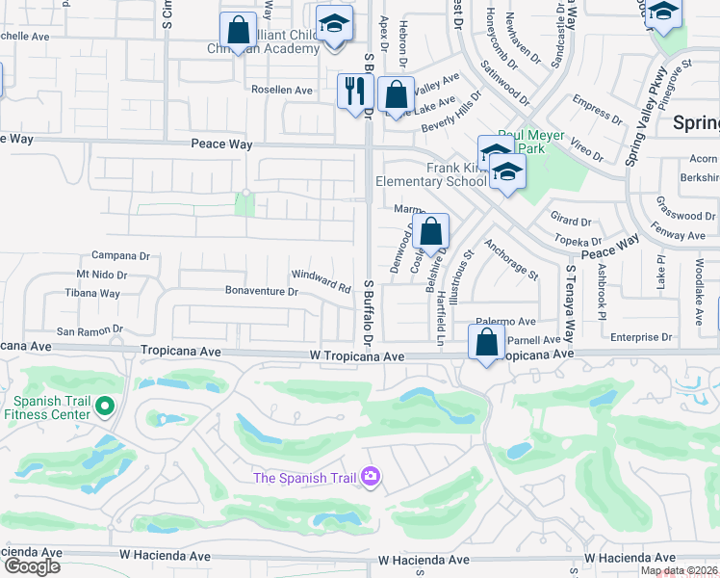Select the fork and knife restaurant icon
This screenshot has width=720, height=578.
pos(355,92)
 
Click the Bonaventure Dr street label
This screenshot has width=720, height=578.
pos(261,290)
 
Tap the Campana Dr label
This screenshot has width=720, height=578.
pos(120,256)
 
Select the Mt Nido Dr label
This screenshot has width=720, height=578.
pos(102,276)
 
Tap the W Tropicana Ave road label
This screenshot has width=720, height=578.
pos(357,355)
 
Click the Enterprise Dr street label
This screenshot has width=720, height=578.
pos(640,337)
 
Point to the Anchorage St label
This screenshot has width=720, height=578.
pos(511,260)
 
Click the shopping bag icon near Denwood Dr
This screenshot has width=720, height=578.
pos(432,232)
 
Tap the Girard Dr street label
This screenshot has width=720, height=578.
pos(571,221)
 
